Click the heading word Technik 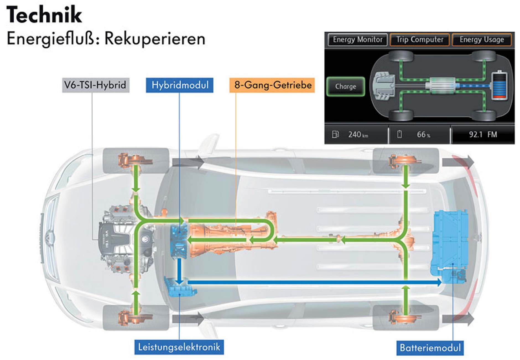pos(44,15)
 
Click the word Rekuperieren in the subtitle pos(155,39)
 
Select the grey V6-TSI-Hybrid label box pos(95,85)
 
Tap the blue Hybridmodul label pos(180,85)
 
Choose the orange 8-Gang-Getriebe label pos(272,85)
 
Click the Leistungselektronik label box pos(179,347)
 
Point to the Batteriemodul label pos(430,348)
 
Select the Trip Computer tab pos(419,40)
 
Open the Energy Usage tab pos(482,40)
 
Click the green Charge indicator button pos(345,87)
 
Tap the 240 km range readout pos(358,135)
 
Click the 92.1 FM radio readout pos(483,135)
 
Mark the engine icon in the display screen pos(384,86)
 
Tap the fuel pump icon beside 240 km pos(335,134)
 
